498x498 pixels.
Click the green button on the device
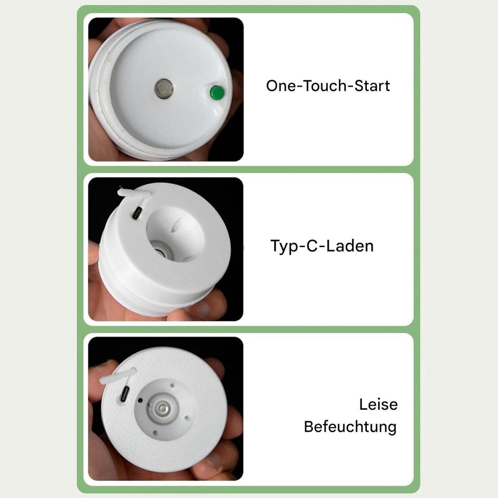pos(217,93)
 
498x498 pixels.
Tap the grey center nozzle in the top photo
pos(164,89)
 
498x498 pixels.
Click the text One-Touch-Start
pos(328,86)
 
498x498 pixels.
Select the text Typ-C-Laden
pos(322,246)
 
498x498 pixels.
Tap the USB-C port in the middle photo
pos(137,213)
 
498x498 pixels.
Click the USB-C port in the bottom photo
pos(125,395)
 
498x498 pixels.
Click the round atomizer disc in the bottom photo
pos(162,410)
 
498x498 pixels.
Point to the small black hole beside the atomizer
pos(140,400)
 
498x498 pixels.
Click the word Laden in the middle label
pos(350,246)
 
